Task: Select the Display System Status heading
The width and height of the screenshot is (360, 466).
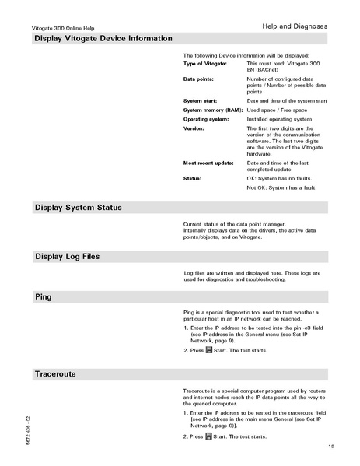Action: click(x=78, y=208)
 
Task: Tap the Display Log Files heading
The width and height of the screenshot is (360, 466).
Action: click(x=67, y=257)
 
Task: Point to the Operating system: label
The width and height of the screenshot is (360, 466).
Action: click(x=207, y=120)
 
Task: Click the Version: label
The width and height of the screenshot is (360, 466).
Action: click(x=194, y=129)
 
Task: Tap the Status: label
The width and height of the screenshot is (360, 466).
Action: click(x=193, y=179)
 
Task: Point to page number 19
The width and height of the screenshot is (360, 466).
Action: click(x=331, y=446)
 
